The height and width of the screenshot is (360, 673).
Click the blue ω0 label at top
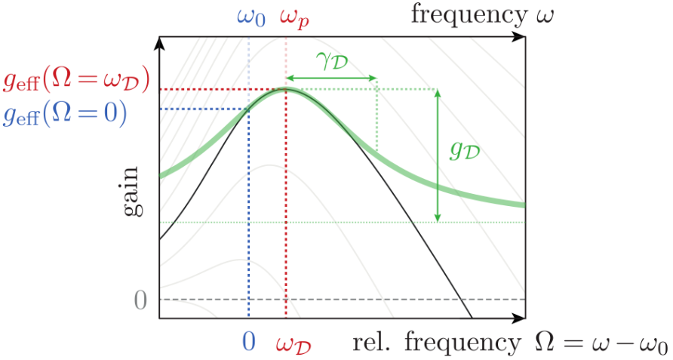click(x=251, y=17)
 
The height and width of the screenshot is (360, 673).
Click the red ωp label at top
click(x=293, y=17)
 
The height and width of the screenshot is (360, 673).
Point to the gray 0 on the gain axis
click(x=140, y=300)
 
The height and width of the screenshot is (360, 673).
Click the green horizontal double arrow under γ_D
click(x=331, y=78)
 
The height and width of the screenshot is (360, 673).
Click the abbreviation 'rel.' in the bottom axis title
click(x=374, y=343)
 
